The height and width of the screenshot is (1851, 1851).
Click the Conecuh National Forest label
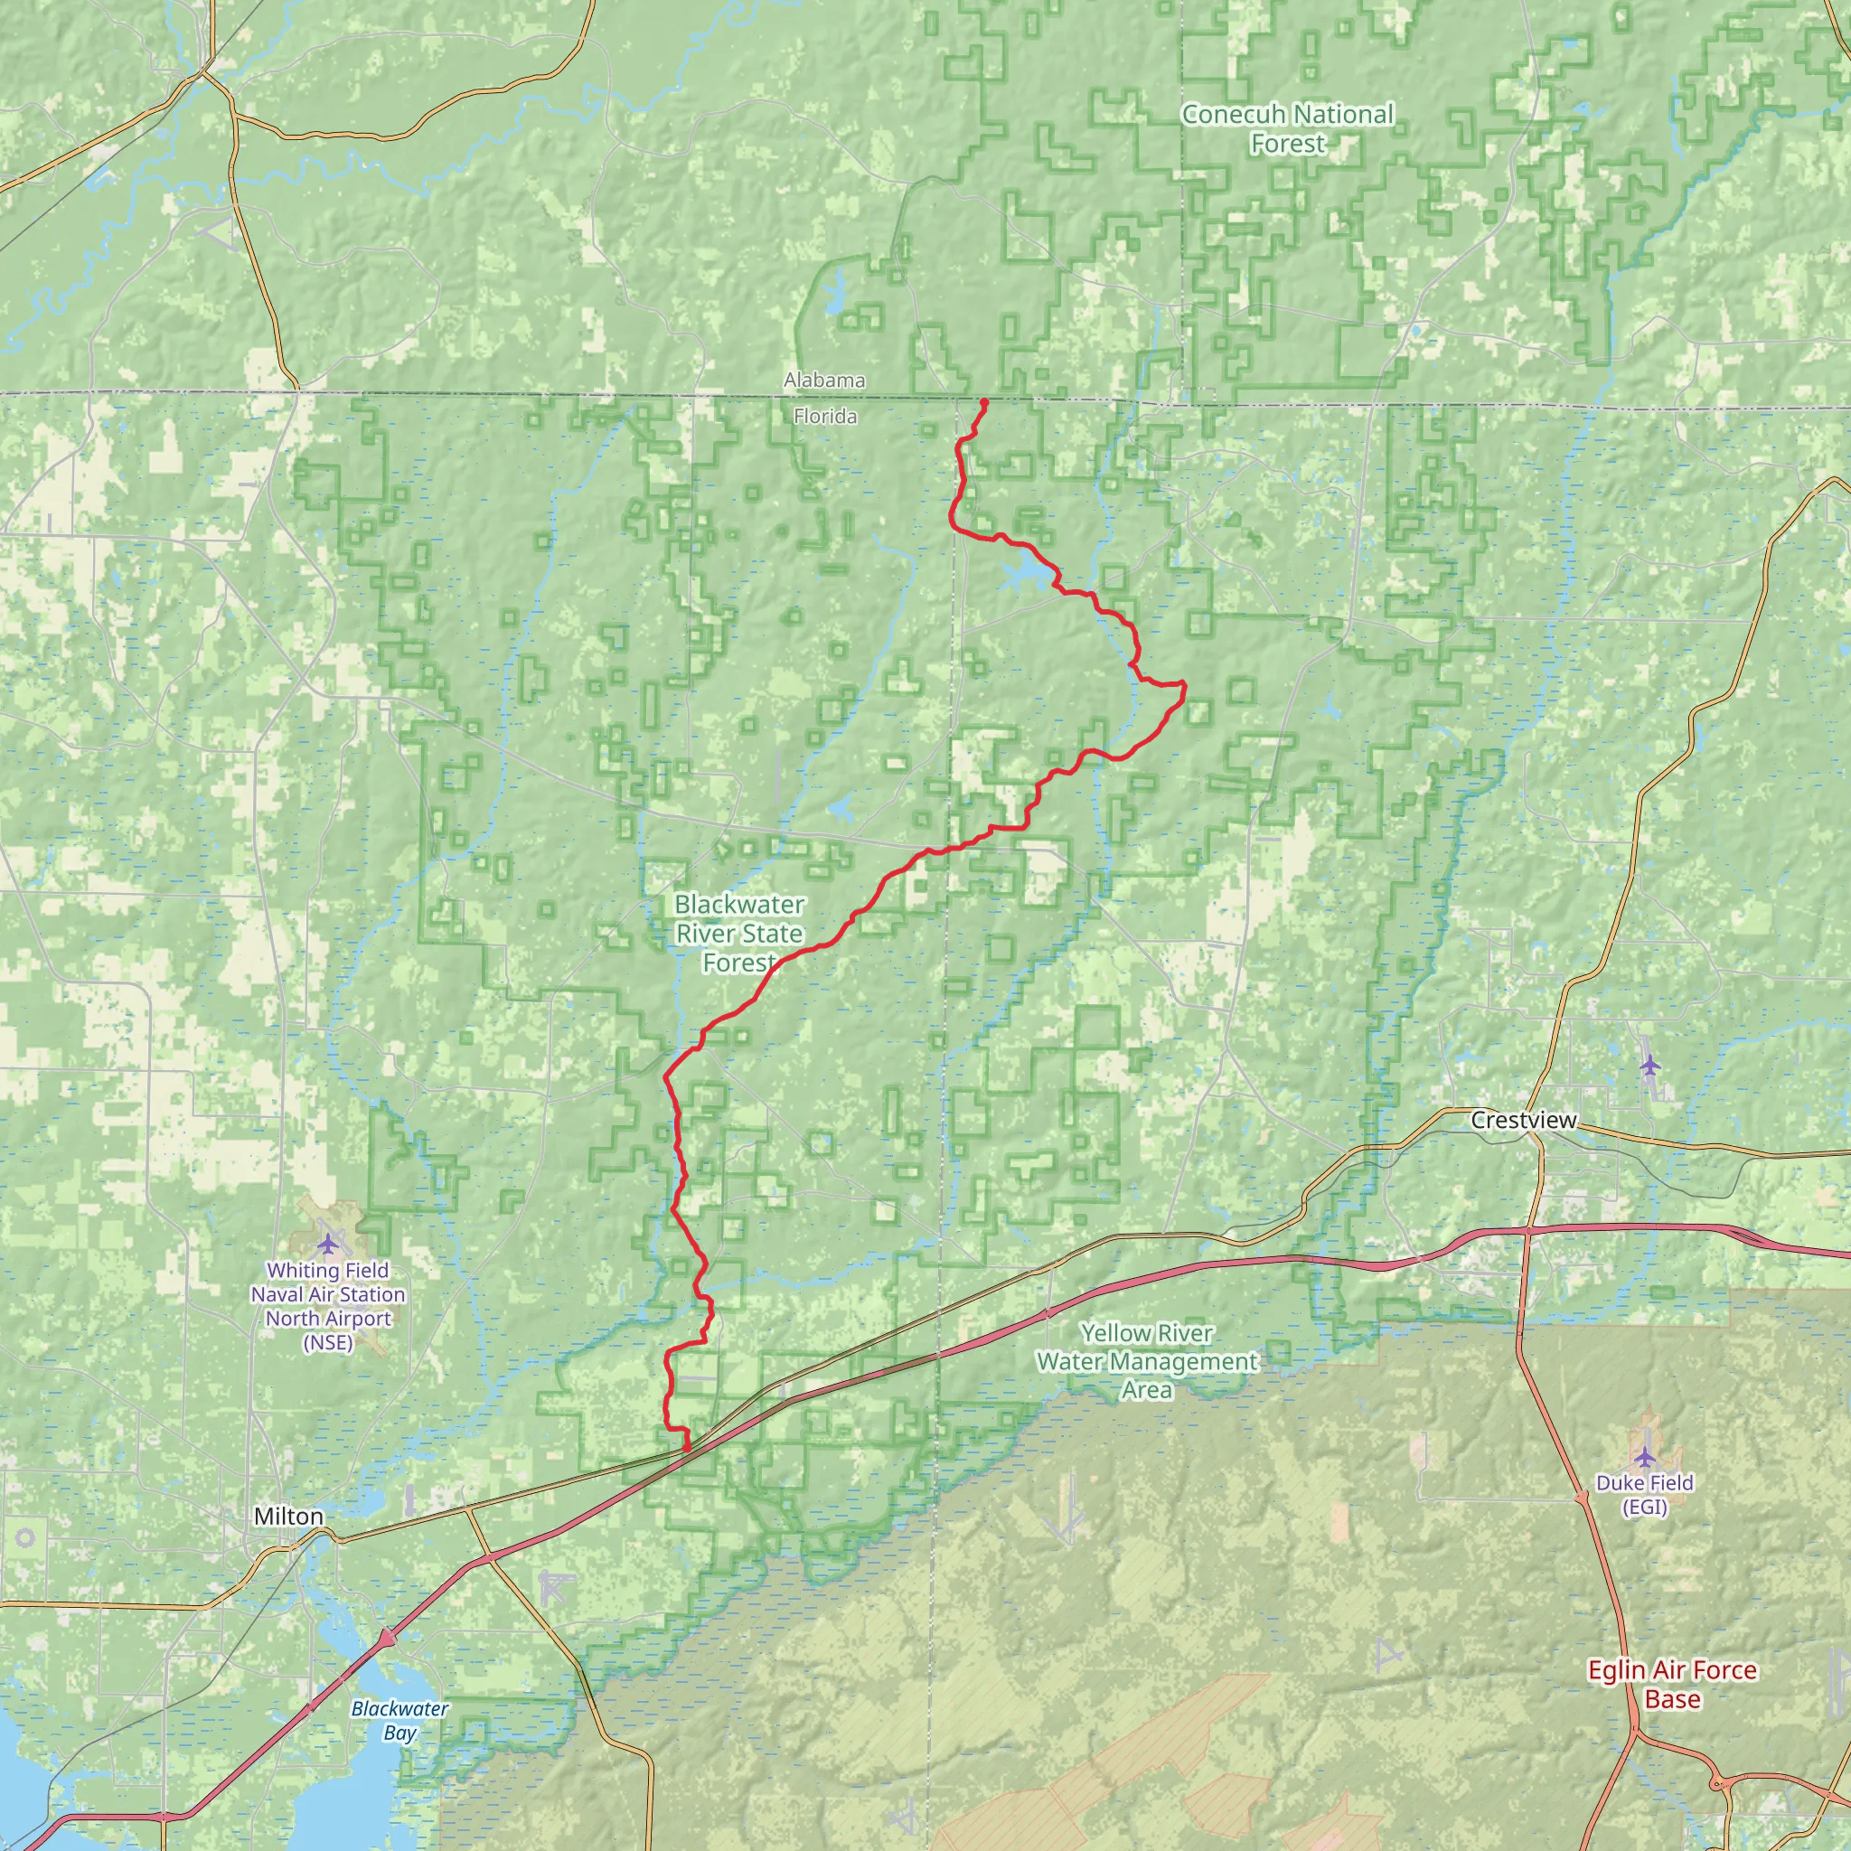tap(1287, 128)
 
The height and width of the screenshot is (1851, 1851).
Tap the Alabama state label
tap(824, 381)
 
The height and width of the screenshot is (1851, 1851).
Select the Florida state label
tap(825, 417)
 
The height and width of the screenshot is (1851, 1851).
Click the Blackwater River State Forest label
tap(738, 932)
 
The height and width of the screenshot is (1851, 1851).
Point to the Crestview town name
tap(1523, 1120)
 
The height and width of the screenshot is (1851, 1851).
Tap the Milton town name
tap(288, 1517)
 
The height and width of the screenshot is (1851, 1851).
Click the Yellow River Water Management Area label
tap(1147, 1360)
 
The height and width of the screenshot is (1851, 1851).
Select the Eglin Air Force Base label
tap(1672, 1685)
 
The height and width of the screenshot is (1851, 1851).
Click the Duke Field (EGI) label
tap(1644, 1495)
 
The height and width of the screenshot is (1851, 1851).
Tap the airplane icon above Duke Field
tap(1645, 1458)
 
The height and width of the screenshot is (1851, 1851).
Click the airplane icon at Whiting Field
tap(329, 1245)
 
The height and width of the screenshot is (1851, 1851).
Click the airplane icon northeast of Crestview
tap(1649, 1065)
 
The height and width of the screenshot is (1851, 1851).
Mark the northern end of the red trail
tap(985, 400)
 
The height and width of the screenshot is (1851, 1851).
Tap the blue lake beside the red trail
tap(1022, 575)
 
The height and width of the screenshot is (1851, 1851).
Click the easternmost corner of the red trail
tap(1185, 684)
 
